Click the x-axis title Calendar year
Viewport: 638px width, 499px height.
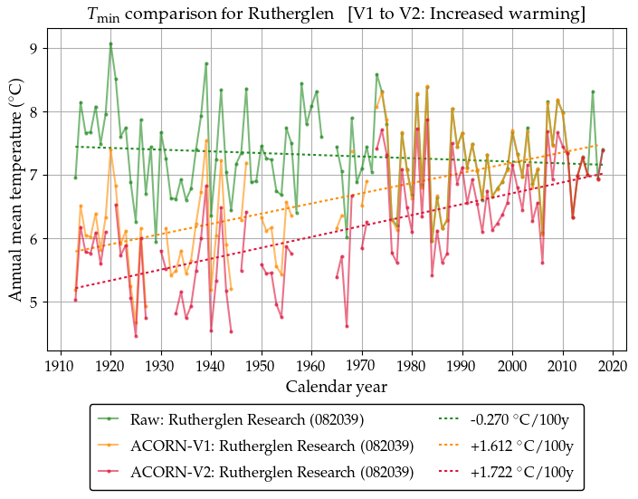pos(337,386)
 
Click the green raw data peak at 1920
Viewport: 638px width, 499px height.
pos(110,43)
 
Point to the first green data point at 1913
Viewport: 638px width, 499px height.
pos(75,178)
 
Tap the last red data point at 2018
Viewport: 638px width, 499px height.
pos(603,150)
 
